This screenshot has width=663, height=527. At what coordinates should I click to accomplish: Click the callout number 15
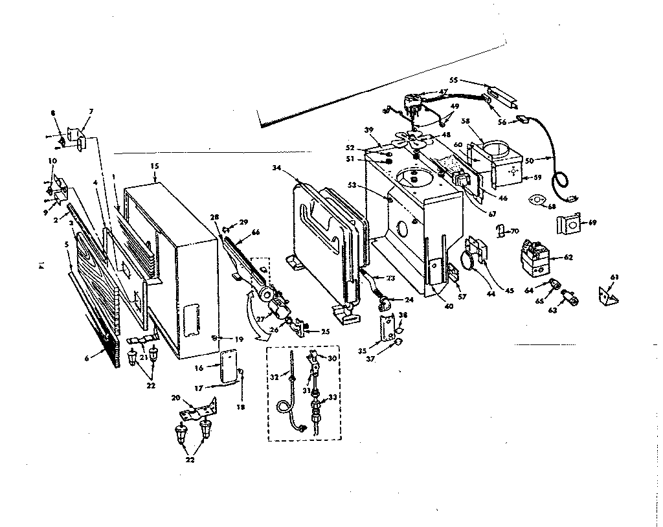154,166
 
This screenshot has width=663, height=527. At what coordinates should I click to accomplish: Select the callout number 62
568,257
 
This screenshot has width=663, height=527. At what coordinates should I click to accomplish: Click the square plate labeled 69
567,225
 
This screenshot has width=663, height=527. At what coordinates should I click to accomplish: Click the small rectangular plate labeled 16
228,367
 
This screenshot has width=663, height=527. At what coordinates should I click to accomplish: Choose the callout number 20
175,398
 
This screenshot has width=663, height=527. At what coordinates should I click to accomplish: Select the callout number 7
91,111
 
